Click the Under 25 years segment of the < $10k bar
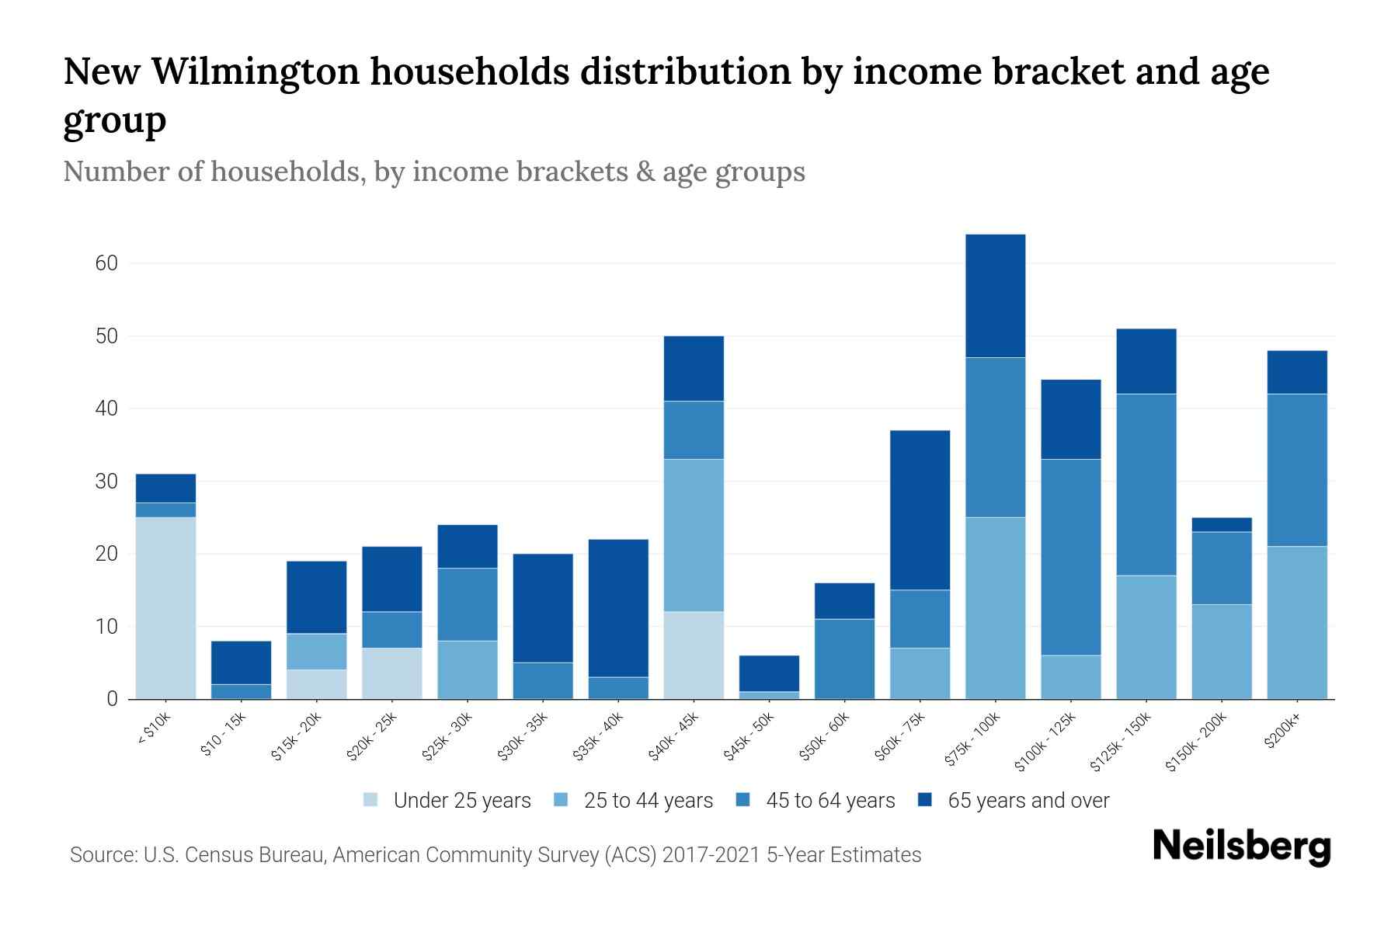[165, 607]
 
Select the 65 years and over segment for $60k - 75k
[920, 509]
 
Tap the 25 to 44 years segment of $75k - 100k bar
[995, 607]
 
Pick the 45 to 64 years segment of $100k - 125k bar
[1070, 557]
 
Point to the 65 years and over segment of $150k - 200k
[1221, 524]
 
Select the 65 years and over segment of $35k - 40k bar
[618, 607]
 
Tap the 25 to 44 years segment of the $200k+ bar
[1296, 622]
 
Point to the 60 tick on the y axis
[106, 263]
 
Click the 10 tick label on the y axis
[106, 627]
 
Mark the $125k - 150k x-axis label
[1120, 744]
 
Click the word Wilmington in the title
[256, 71]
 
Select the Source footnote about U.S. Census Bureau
[496, 855]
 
